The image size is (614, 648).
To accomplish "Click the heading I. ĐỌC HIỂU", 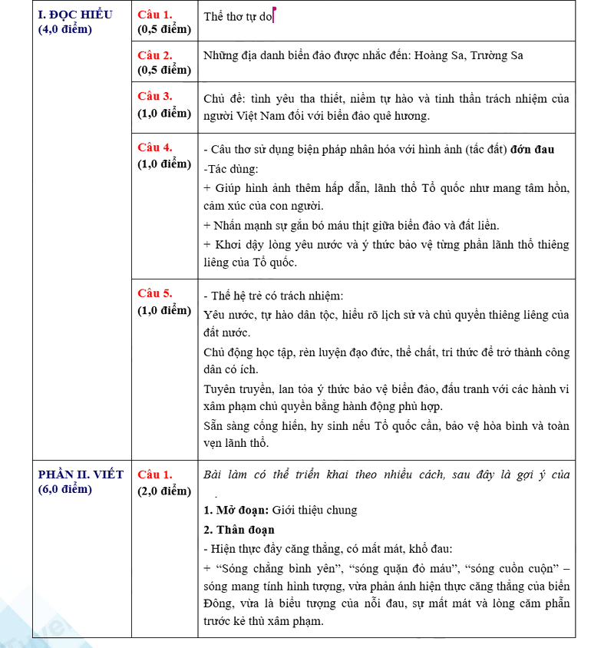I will coord(75,15).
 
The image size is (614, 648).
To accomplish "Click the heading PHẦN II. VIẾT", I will coord(81,474).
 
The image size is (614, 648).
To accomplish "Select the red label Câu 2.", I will coord(155,55).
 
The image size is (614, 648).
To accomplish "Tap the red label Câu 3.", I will coord(155,96).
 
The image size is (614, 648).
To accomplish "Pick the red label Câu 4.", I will coord(155,147).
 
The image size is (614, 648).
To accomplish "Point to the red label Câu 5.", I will coord(155,293).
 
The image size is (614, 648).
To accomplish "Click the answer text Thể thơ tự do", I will coord(238,16).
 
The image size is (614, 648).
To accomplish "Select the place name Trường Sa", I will coord(497,55).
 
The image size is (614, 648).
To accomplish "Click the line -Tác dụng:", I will coord(231,169).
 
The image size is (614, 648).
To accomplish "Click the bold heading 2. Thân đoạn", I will coord(239,530).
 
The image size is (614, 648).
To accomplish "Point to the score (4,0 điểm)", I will coord(65,30).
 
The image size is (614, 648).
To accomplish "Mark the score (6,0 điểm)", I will coord(65,490).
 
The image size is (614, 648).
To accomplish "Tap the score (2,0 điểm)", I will coord(164,491).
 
